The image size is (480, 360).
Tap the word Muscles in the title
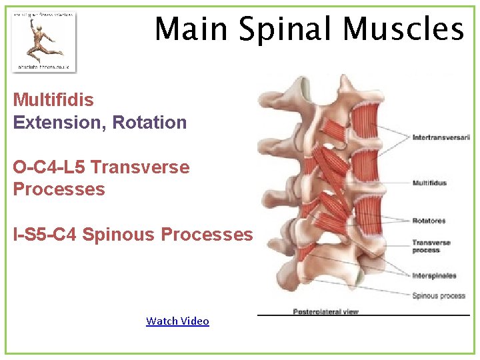point(403,29)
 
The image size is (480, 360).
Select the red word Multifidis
point(53,100)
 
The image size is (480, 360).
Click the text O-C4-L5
point(49,167)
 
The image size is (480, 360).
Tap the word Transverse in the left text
point(140,167)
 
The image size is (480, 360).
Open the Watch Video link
point(177,321)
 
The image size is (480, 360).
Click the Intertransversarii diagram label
point(441,137)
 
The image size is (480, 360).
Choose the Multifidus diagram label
point(429,183)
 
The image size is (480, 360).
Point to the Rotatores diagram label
point(429,220)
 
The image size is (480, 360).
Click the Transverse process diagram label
point(430,246)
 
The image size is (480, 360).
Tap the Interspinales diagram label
point(434,275)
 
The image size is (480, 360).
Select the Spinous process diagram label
point(438,295)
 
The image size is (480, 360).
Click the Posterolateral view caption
point(325,311)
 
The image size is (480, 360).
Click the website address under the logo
point(43,67)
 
